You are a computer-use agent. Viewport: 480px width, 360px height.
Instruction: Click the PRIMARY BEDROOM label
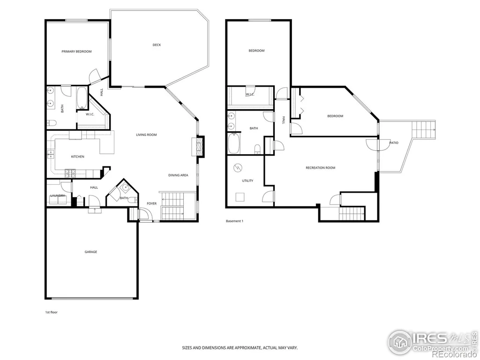(76, 52)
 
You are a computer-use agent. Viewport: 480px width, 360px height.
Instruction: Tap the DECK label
(157, 45)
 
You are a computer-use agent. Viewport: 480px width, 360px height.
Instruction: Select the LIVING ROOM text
(146, 135)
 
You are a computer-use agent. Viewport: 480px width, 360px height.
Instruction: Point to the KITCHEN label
(78, 157)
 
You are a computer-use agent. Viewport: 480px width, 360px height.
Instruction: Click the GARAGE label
(91, 252)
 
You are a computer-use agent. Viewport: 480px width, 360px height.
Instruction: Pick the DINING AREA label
(178, 175)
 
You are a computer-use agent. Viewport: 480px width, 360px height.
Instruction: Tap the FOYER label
(151, 203)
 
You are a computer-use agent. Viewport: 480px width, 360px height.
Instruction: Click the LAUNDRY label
(58, 195)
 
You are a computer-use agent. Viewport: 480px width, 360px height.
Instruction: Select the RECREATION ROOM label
(321, 168)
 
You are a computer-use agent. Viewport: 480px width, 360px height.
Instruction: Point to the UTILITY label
(247, 181)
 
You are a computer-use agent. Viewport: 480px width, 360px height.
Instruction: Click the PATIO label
(394, 143)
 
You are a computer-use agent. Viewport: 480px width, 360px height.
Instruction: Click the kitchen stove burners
(70, 173)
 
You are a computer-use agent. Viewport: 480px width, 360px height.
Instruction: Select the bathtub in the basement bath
(234, 143)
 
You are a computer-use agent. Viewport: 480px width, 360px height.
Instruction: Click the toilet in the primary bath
(52, 123)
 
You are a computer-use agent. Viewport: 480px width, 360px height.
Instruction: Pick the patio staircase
(424, 130)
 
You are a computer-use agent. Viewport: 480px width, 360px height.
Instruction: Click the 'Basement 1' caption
(234, 221)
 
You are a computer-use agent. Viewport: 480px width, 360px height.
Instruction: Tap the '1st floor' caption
(52, 312)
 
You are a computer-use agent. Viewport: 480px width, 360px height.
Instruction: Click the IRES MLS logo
(433, 343)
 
